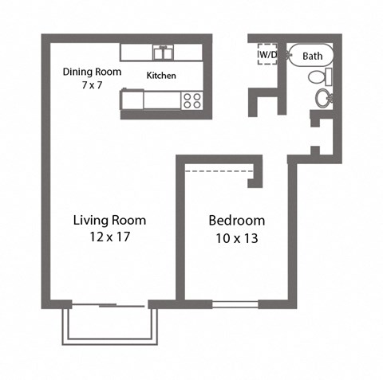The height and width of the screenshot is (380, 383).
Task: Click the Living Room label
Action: pyautogui.click(x=109, y=220)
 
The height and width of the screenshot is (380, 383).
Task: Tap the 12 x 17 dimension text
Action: pyautogui.click(x=109, y=237)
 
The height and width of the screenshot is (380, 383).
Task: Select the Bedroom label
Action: pyautogui.click(x=236, y=220)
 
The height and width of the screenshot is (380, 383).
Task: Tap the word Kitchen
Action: pyautogui.click(x=161, y=76)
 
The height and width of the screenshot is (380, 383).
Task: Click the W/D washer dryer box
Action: pyautogui.click(x=267, y=54)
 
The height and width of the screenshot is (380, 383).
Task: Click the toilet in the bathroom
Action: pyautogui.click(x=319, y=78)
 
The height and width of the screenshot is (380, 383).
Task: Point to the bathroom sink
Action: pyautogui.click(x=324, y=99)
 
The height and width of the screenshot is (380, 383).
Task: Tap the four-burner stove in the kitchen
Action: pyautogui.click(x=192, y=100)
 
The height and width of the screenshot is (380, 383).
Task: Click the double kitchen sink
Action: pyautogui.click(x=164, y=53)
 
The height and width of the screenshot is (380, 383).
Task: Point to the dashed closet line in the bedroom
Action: pyautogui.click(x=219, y=169)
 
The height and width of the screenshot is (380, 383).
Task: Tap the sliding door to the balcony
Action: pyautogui.click(x=108, y=304)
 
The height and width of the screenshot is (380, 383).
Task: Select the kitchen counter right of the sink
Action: pyautogui.click(x=190, y=53)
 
